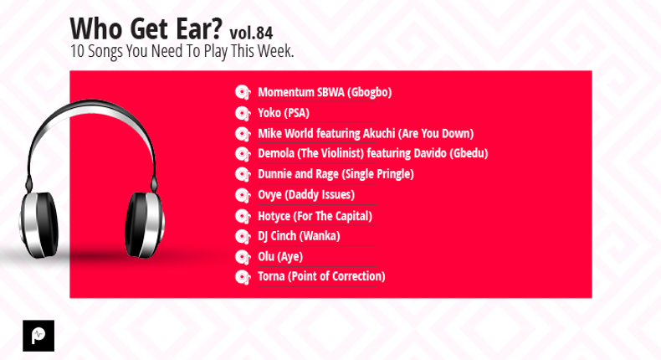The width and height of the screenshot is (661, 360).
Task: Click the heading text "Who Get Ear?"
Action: [x=146, y=28]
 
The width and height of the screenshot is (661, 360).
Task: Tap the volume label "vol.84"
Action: [x=251, y=33]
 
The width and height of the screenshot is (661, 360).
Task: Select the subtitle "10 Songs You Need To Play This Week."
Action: [x=182, y=51]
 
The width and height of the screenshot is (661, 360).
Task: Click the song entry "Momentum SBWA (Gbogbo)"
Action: [x=325, y=92]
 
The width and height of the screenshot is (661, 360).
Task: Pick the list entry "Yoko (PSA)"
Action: [x=284, y=113]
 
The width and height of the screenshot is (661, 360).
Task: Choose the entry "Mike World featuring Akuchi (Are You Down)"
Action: [x=366, y=134]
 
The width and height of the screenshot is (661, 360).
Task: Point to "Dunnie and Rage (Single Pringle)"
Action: [x=336, y=174]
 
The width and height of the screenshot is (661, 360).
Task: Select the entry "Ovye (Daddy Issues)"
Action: [x=306, y=194]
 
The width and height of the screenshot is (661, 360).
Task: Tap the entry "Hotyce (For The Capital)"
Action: [x=315, y=216]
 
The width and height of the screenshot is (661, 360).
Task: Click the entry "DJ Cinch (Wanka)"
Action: [x=299, y=236]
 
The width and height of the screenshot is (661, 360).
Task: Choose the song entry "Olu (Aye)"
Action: [x=280, y=256]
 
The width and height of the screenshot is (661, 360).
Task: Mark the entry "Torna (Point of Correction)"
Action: [x=321, y=276]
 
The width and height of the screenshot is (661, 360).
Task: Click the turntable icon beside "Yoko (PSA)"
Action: [x=243, y=114]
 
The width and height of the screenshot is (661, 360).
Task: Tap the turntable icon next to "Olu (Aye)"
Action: [x=243, y=257]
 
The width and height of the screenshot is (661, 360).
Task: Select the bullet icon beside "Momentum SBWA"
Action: [x=243, y=92]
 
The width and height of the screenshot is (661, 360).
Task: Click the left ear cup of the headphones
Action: [x=39, y=224]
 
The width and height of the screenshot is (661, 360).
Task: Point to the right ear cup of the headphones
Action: [x=145, y=224]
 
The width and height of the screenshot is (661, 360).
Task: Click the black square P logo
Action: [x=38, y=336]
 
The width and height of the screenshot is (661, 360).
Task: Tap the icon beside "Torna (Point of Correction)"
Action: [x=243, y=277]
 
